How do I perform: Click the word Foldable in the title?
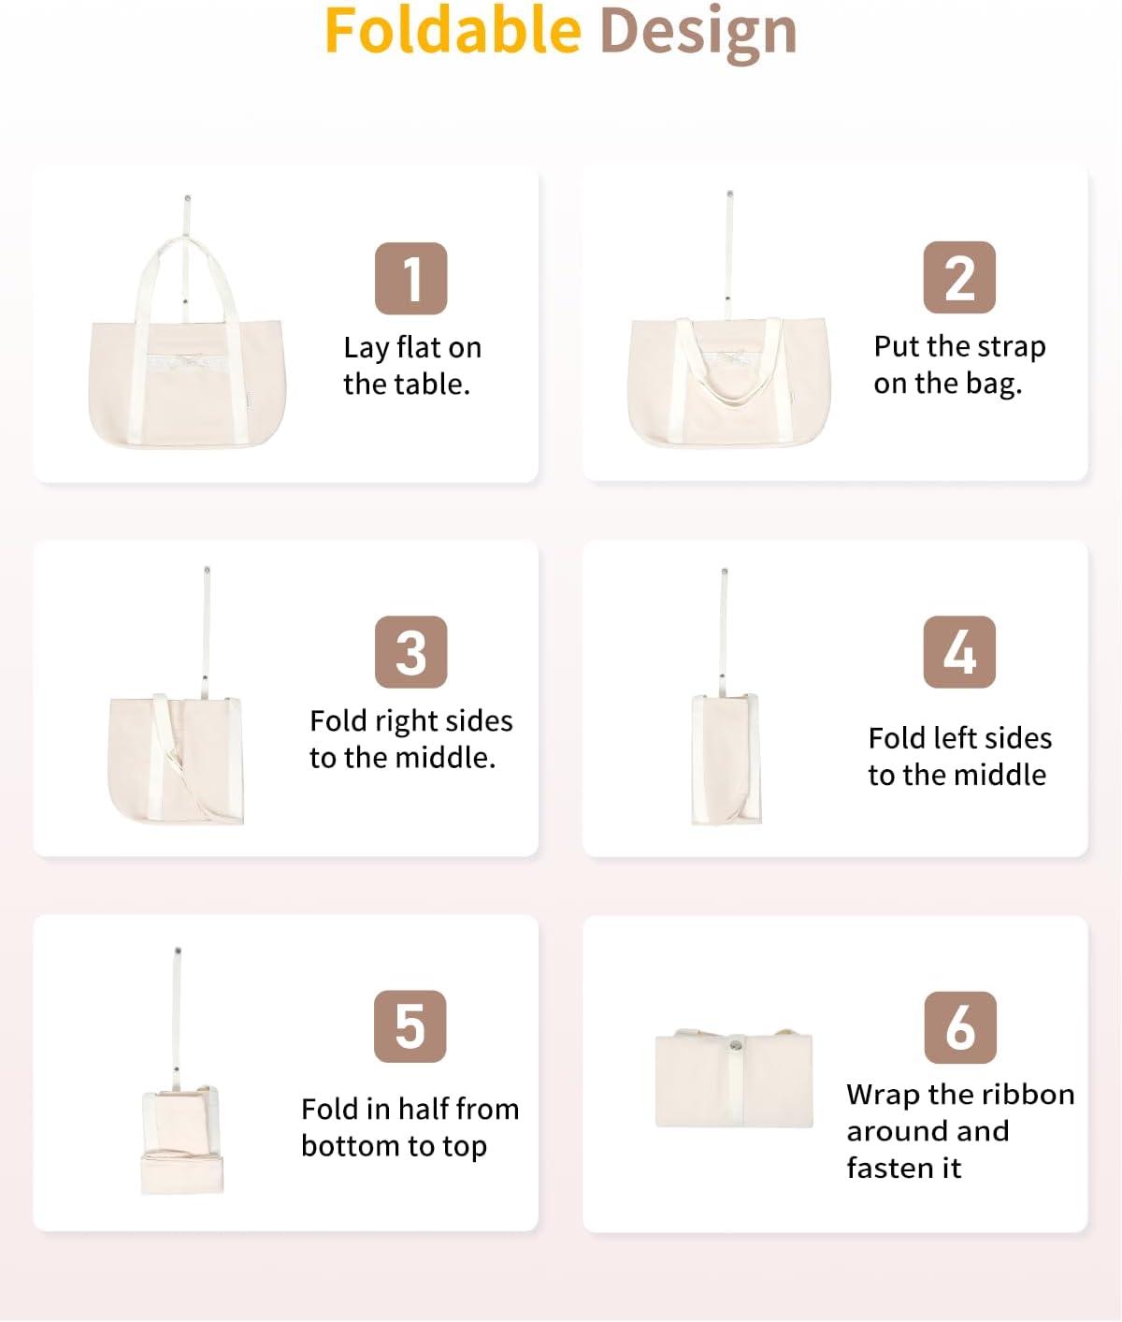[453, 31]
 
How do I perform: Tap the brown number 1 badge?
[411, 278]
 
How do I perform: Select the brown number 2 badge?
[959, 278]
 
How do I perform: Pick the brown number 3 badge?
[411, 652]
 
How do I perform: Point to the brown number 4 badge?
[959, 652]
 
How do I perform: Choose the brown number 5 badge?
[410, 1025]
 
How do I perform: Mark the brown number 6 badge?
[959, 1027]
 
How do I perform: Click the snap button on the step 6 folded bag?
[735, 1045]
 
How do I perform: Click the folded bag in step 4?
[726, 759]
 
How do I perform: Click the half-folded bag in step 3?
[176, 760]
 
